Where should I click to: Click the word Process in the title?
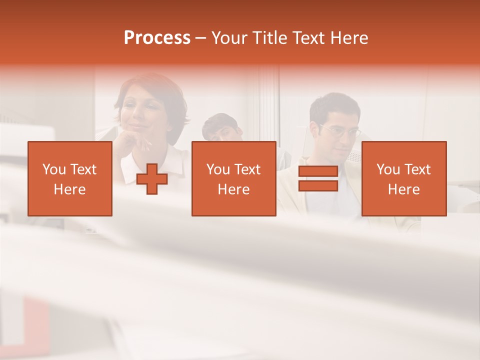pyautogui.click(x=157, y=38)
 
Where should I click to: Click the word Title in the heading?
pyautogui.click(x=269, y=38)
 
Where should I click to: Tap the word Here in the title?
pyautogui.click(x=348, y=38)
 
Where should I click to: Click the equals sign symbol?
pyautogui.click(x=318, y=178)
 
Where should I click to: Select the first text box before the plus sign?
pyautogui.click(x=70, y=178)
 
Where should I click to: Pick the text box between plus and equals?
pyautogui.click(x=233, y=178)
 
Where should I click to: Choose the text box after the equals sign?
pyautogui.click(x=404, y=178)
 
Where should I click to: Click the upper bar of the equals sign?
pyautogui.click(x=318, y=171)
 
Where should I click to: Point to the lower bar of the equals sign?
pyautogui.click(x=318, y=185)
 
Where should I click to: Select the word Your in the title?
pyautogui.click(x=230, y=38)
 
